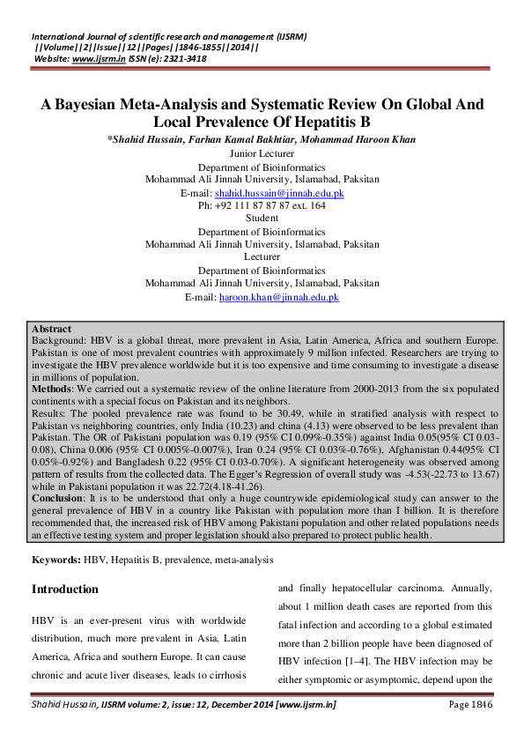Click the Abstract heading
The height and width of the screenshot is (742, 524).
click(x=52, y=329)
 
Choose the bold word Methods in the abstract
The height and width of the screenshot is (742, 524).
click(x=53, y=388)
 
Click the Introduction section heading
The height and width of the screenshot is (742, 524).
click(x=65, y=589)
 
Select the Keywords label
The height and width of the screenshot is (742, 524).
click(x=56, y=560)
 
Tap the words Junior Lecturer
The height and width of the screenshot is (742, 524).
click(x=262, y=152)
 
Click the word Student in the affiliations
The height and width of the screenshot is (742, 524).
click(x=262, y=218)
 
